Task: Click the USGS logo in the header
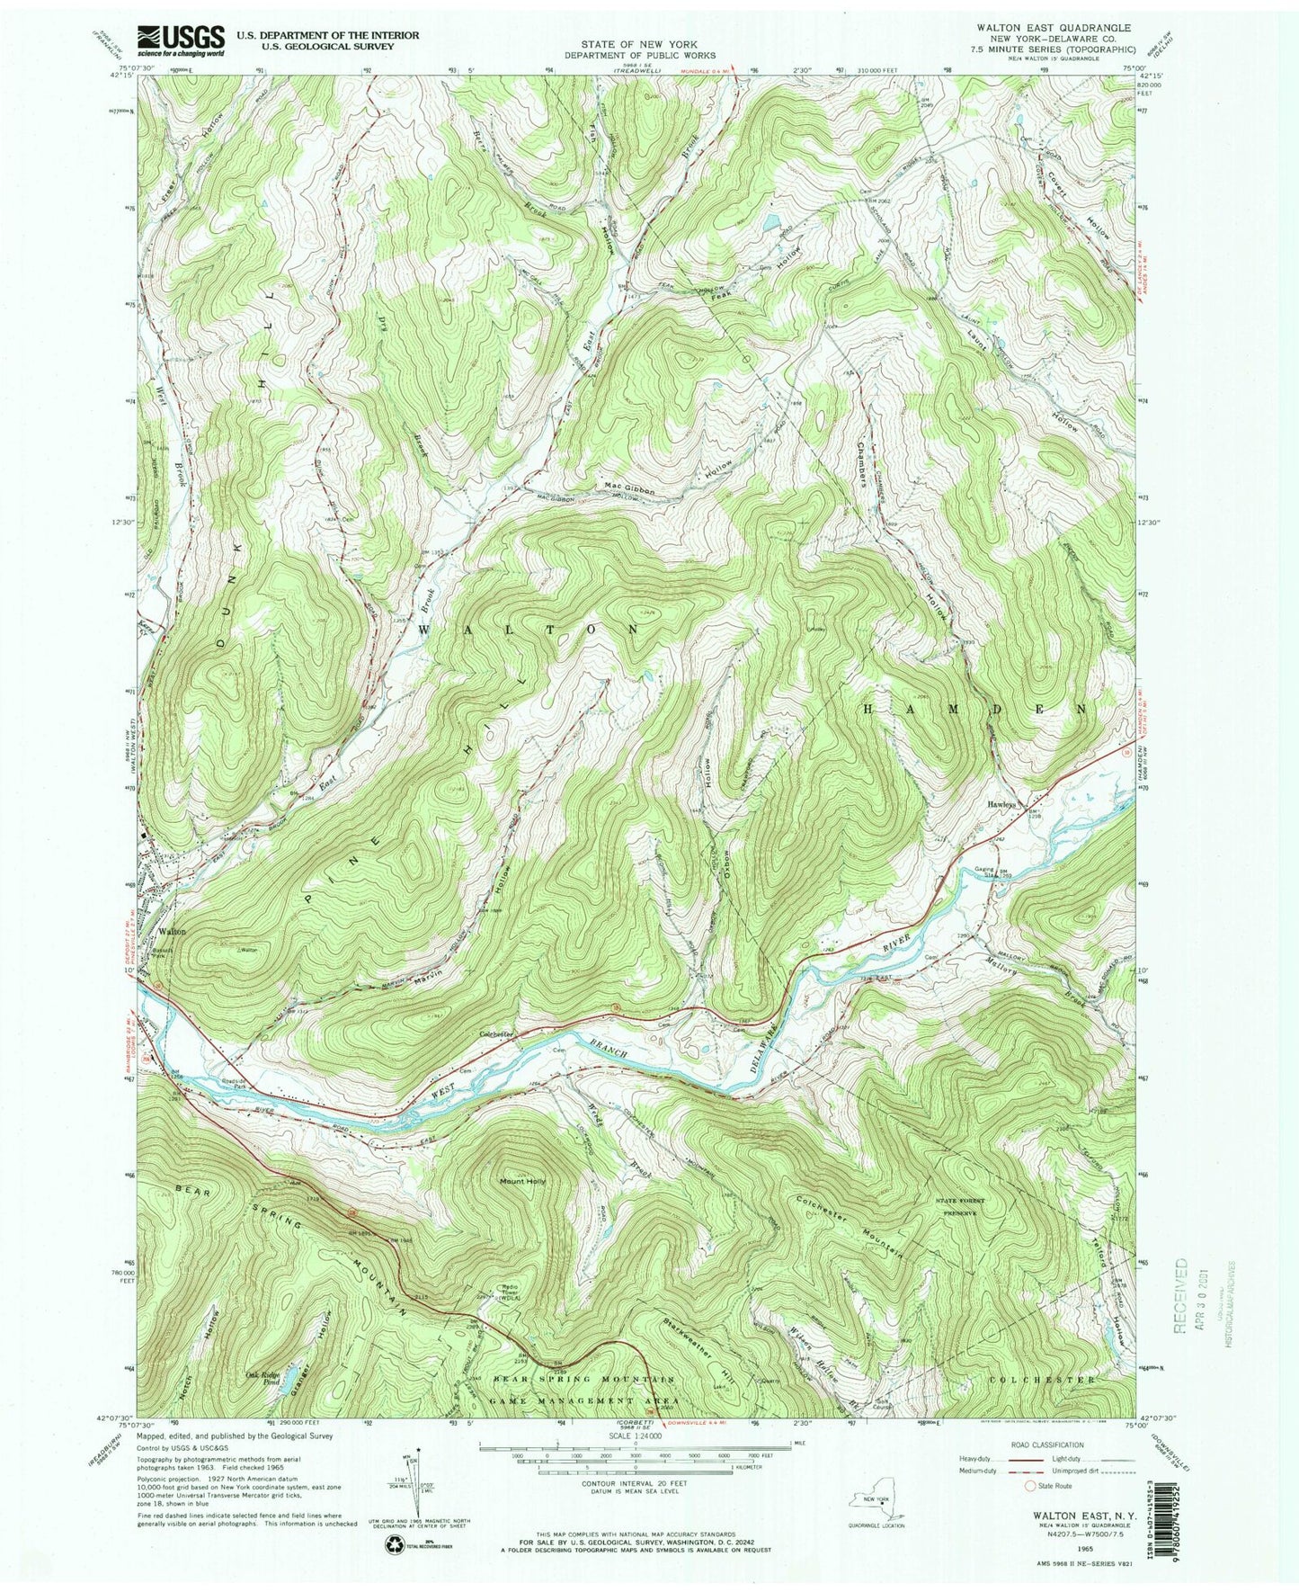180,40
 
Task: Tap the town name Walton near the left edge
173,932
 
